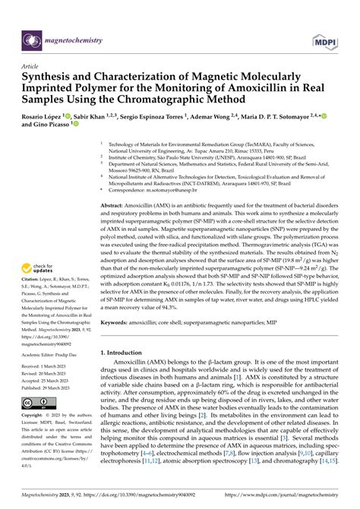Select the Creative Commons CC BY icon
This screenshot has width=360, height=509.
pyautogui.click(x=31, y=403)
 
